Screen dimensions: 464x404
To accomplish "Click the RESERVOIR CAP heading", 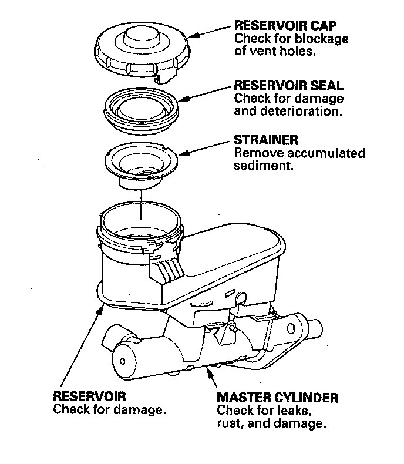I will [281, 26].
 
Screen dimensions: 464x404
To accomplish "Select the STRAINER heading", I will [265, 141].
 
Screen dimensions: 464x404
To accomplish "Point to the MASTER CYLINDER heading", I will [277, 398].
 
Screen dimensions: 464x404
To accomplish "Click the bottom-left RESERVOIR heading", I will [89, 396].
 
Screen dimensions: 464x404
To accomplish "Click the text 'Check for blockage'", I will [291, 39].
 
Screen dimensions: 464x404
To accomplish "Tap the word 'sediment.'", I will [263, 166].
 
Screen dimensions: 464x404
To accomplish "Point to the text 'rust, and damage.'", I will [271, 423].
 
